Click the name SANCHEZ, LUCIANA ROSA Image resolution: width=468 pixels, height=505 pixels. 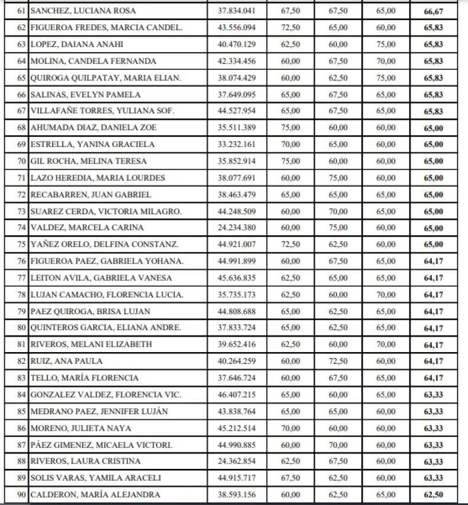click(x=83, y=11)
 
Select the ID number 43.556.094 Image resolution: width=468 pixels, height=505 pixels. click(x=237, y=28)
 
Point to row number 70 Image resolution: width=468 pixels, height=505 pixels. click(x=21, y=161)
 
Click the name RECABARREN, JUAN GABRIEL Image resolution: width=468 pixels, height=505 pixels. click(x=91, y=194)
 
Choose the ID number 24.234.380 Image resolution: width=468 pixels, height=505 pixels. click(x=237, y=228)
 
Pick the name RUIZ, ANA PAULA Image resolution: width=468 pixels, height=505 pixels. click(x=66, y=361)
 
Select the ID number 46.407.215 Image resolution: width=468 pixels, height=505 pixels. click(x=237, y=395)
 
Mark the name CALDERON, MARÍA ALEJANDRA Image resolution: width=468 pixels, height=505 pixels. click(x=95, y=495)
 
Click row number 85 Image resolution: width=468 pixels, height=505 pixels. click(x=21, y=411)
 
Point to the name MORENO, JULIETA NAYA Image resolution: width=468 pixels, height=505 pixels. click(x=81, y=428)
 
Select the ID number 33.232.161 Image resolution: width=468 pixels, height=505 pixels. click(x=237, y=145)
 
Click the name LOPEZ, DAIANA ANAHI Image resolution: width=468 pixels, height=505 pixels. click(x=76, y=44)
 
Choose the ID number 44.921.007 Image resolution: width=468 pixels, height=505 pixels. click(x=237, y=244)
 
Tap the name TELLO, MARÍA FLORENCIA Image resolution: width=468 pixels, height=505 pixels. click(x=84, y=378)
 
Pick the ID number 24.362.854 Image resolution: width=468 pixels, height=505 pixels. click(x=237, y=461)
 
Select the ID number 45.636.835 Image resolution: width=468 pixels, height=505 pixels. click(x=237, y=277)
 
